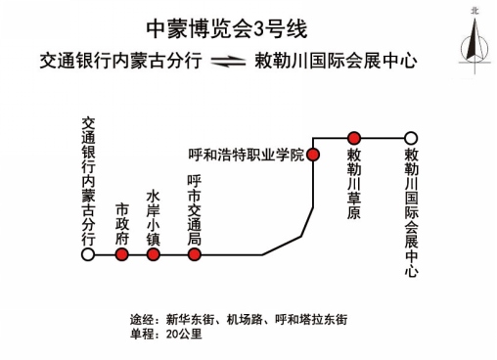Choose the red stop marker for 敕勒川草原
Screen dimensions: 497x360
tap(354, 137)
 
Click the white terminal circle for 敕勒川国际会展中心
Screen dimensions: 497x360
tap(411, 137)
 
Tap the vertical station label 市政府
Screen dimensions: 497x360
tap(121, 224)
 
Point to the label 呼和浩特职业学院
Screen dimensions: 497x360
tap(246, 156)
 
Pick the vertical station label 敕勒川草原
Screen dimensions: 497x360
tap(354, 183)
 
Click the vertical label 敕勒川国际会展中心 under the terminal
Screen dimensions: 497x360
tap(411, 213)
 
